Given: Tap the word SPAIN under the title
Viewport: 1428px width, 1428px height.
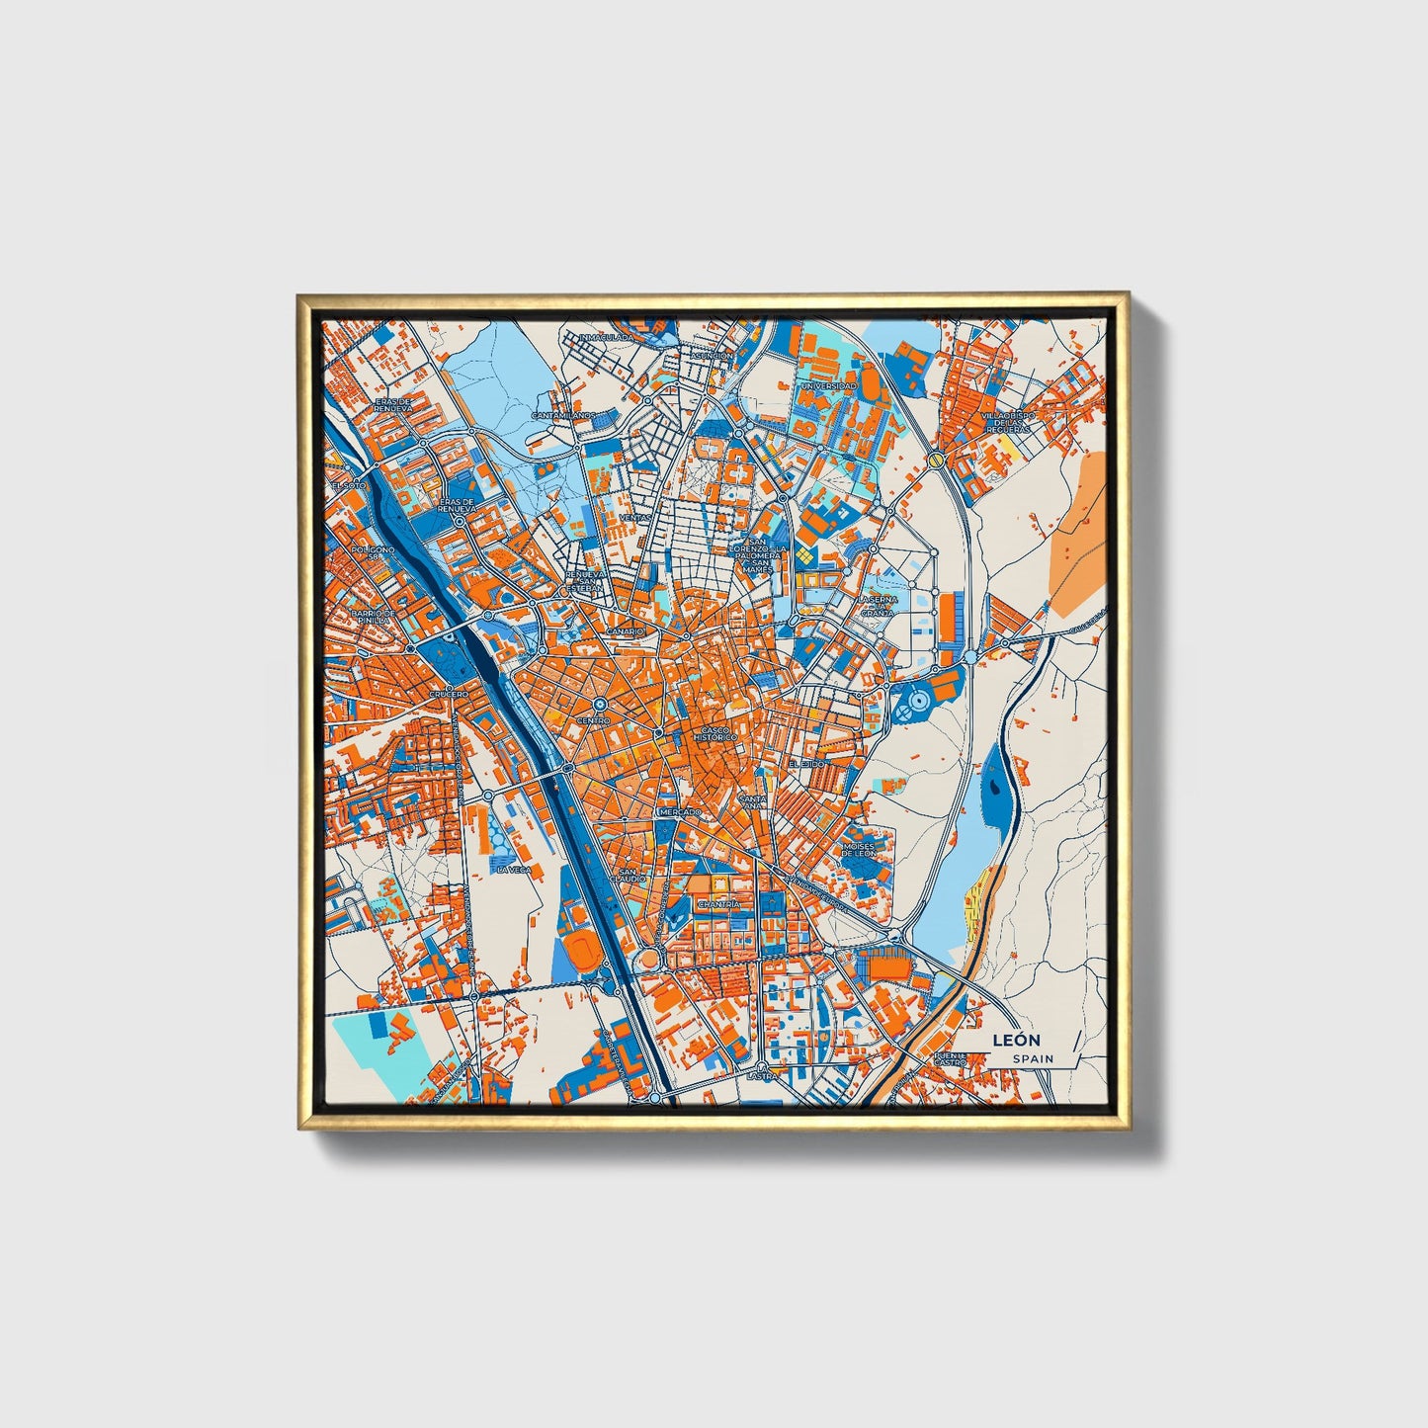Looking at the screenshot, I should [x=1032, y=1059].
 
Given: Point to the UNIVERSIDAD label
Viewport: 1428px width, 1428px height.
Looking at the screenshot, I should [x=828, y=385].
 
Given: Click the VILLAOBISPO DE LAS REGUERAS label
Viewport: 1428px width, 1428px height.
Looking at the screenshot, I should [x=1007, y=423].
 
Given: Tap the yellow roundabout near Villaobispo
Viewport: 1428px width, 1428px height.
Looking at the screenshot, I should [x=935, y=460].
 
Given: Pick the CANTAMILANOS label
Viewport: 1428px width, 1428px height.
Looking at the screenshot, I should [x=563, y=416].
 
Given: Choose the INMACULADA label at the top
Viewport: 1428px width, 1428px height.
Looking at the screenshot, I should [x=606, y=338].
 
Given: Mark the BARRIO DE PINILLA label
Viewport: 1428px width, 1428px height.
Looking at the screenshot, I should [x=376, y=617].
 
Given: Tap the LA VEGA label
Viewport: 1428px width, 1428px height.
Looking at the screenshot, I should [x=514, y=870].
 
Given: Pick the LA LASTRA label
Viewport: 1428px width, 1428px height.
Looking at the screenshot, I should [x=760, y=1073].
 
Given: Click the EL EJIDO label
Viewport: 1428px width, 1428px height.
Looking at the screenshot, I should [x=805, y=765].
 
